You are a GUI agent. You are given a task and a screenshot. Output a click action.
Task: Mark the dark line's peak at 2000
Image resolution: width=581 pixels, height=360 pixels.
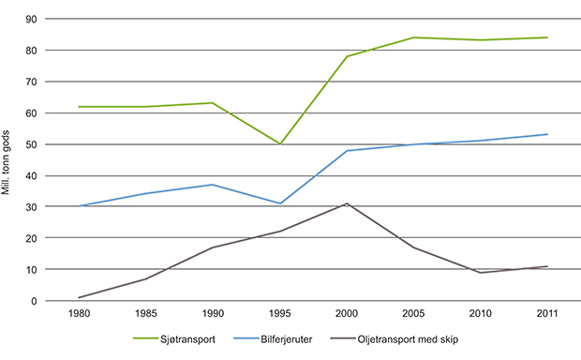tap(347, 203)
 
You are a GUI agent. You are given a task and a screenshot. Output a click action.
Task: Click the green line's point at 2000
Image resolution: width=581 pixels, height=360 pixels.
tap(347, 56)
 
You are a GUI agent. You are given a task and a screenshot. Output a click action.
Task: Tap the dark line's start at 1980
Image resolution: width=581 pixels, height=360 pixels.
tap(80, 297)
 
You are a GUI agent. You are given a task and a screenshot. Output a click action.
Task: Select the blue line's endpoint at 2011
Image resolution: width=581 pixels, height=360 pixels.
tap(547, 134)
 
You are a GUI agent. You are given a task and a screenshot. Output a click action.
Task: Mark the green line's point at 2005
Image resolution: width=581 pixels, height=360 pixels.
tap(413, 37)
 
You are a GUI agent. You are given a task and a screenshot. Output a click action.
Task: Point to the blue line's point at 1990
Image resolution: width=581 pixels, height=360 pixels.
tap(214, 185)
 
